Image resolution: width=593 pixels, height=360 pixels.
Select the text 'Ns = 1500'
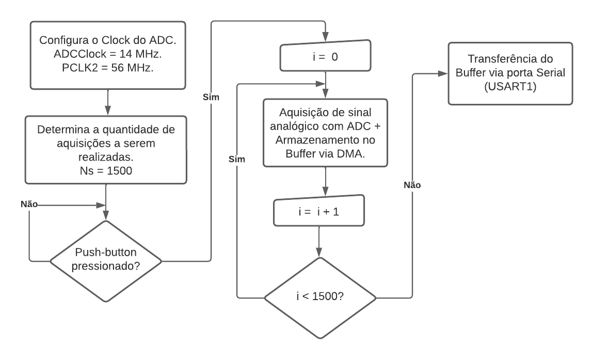pos(106,169)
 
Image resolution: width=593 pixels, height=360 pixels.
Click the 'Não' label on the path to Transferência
pos(412,185)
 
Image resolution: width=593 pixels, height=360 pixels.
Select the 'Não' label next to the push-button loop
pos(29,204)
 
